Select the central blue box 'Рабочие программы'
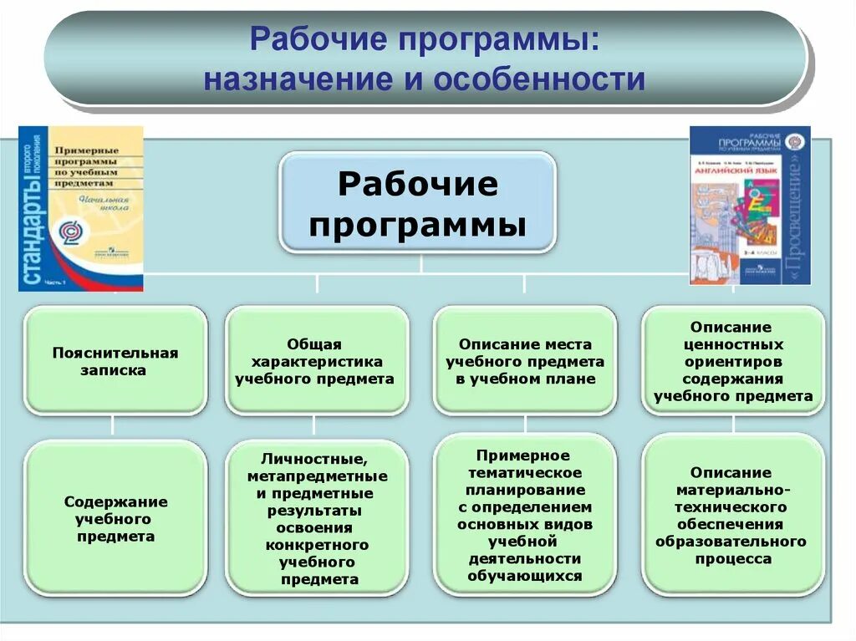pos(417,203)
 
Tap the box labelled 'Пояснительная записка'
pos(115,360)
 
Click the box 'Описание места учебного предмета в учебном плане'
pos(525,360)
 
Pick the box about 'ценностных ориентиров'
pos(732,360)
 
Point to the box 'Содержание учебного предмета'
pos(115,518)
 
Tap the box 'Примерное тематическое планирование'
pos(525,515)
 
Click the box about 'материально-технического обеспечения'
pos(732,515)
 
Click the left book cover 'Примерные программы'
pos(81,209)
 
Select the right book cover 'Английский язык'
pos(750,206)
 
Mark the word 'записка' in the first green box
pos(115,369)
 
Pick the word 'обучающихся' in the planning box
pos(525,576)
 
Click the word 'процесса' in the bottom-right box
pos(732,559)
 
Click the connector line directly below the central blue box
pos(420,263)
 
